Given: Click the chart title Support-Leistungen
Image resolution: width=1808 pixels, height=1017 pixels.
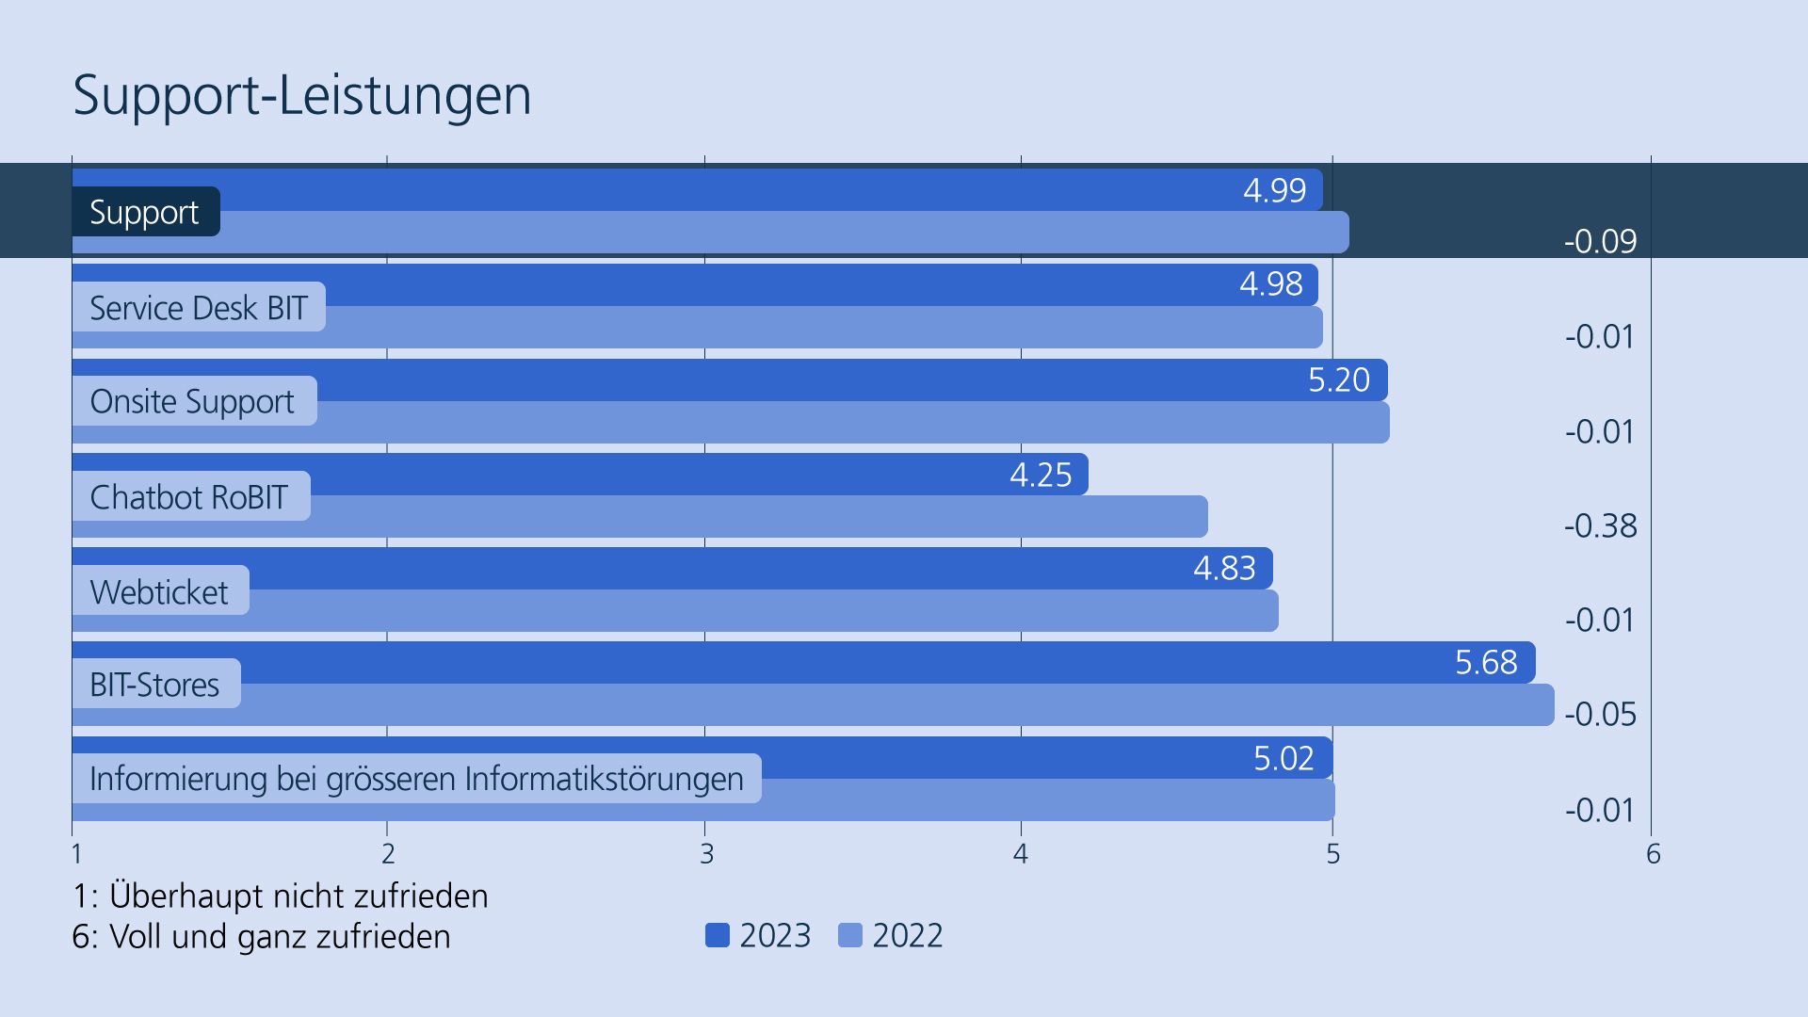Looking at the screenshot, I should (302, 95).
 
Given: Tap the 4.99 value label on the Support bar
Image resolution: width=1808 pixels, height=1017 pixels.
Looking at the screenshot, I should (1274, 190).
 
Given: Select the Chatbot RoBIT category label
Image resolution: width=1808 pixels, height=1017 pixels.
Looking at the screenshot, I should (189, 496).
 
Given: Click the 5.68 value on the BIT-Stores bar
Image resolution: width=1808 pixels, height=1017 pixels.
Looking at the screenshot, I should (1486, 662).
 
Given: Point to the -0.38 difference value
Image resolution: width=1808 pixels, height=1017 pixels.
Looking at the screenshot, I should (1600, 525).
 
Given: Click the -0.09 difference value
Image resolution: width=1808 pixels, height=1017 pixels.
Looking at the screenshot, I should (1600, 241).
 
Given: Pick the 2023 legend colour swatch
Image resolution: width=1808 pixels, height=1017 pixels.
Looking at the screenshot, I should (718, 935).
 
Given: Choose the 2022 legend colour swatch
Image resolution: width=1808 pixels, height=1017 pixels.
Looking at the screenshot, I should (849, 935).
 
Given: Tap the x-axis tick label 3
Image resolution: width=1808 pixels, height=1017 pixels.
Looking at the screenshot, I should (706, 854).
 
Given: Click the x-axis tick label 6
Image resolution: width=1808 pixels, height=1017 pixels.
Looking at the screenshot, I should (1653, 854).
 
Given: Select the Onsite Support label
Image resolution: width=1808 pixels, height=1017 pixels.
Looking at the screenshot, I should (192, 401).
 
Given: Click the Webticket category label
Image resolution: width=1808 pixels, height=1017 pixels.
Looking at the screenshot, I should (159, 591).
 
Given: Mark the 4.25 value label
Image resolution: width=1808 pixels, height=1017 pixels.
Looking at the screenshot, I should (1041, 475).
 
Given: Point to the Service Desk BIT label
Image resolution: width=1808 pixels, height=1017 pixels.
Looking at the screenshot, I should (199, 307).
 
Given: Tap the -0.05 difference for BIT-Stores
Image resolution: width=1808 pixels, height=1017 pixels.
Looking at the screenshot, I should (1600, 714).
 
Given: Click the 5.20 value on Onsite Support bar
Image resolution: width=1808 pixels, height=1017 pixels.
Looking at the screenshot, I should (1338, 379).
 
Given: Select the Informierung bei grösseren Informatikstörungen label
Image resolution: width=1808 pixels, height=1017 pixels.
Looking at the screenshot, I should (416, 779).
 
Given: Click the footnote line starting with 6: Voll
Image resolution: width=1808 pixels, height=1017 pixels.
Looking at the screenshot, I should (261, 936).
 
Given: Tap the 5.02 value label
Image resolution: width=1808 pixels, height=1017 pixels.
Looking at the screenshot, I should (1283, 758).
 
